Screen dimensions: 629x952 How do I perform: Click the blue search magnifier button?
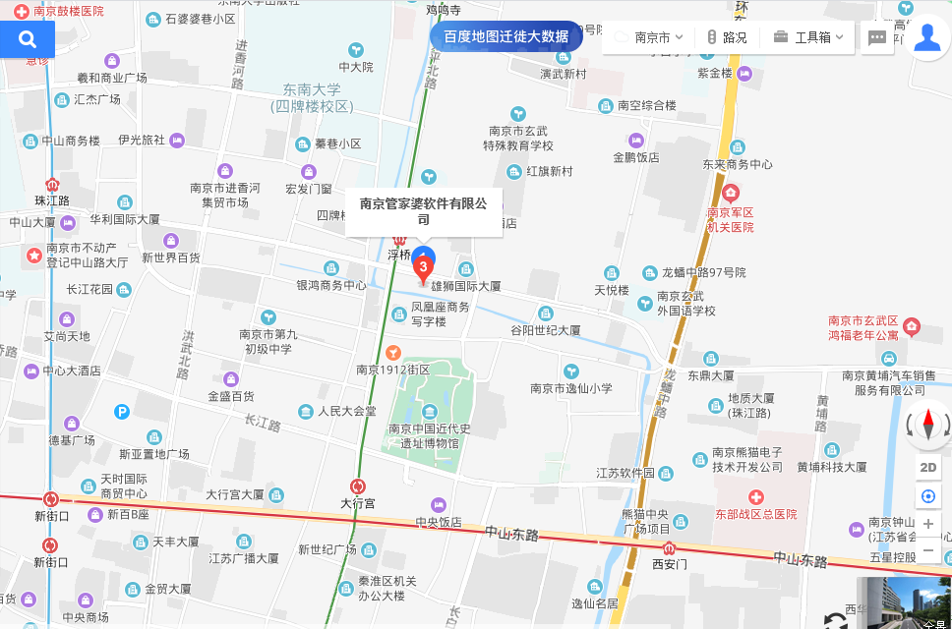[28, 39]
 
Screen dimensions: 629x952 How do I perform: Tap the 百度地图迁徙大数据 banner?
[506, 36]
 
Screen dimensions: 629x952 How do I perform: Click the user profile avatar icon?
[926, 38]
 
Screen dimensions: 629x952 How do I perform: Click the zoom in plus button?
[928, 524]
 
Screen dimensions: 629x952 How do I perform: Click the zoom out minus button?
[928, 549]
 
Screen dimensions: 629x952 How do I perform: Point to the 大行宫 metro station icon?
[358, 486]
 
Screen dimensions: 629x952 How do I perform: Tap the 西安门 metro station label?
[669, 564]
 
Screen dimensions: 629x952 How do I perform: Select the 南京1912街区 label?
[393, 370]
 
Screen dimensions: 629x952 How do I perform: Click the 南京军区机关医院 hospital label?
[730, 219]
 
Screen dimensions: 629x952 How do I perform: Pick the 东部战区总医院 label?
[756, 514]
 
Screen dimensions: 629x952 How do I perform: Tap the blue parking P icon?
[121, 412]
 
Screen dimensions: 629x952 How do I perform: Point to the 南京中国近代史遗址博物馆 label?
[430, 435]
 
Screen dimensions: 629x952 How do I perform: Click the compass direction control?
[928, 426]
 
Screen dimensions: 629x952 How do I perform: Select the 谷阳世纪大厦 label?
[545, 330]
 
